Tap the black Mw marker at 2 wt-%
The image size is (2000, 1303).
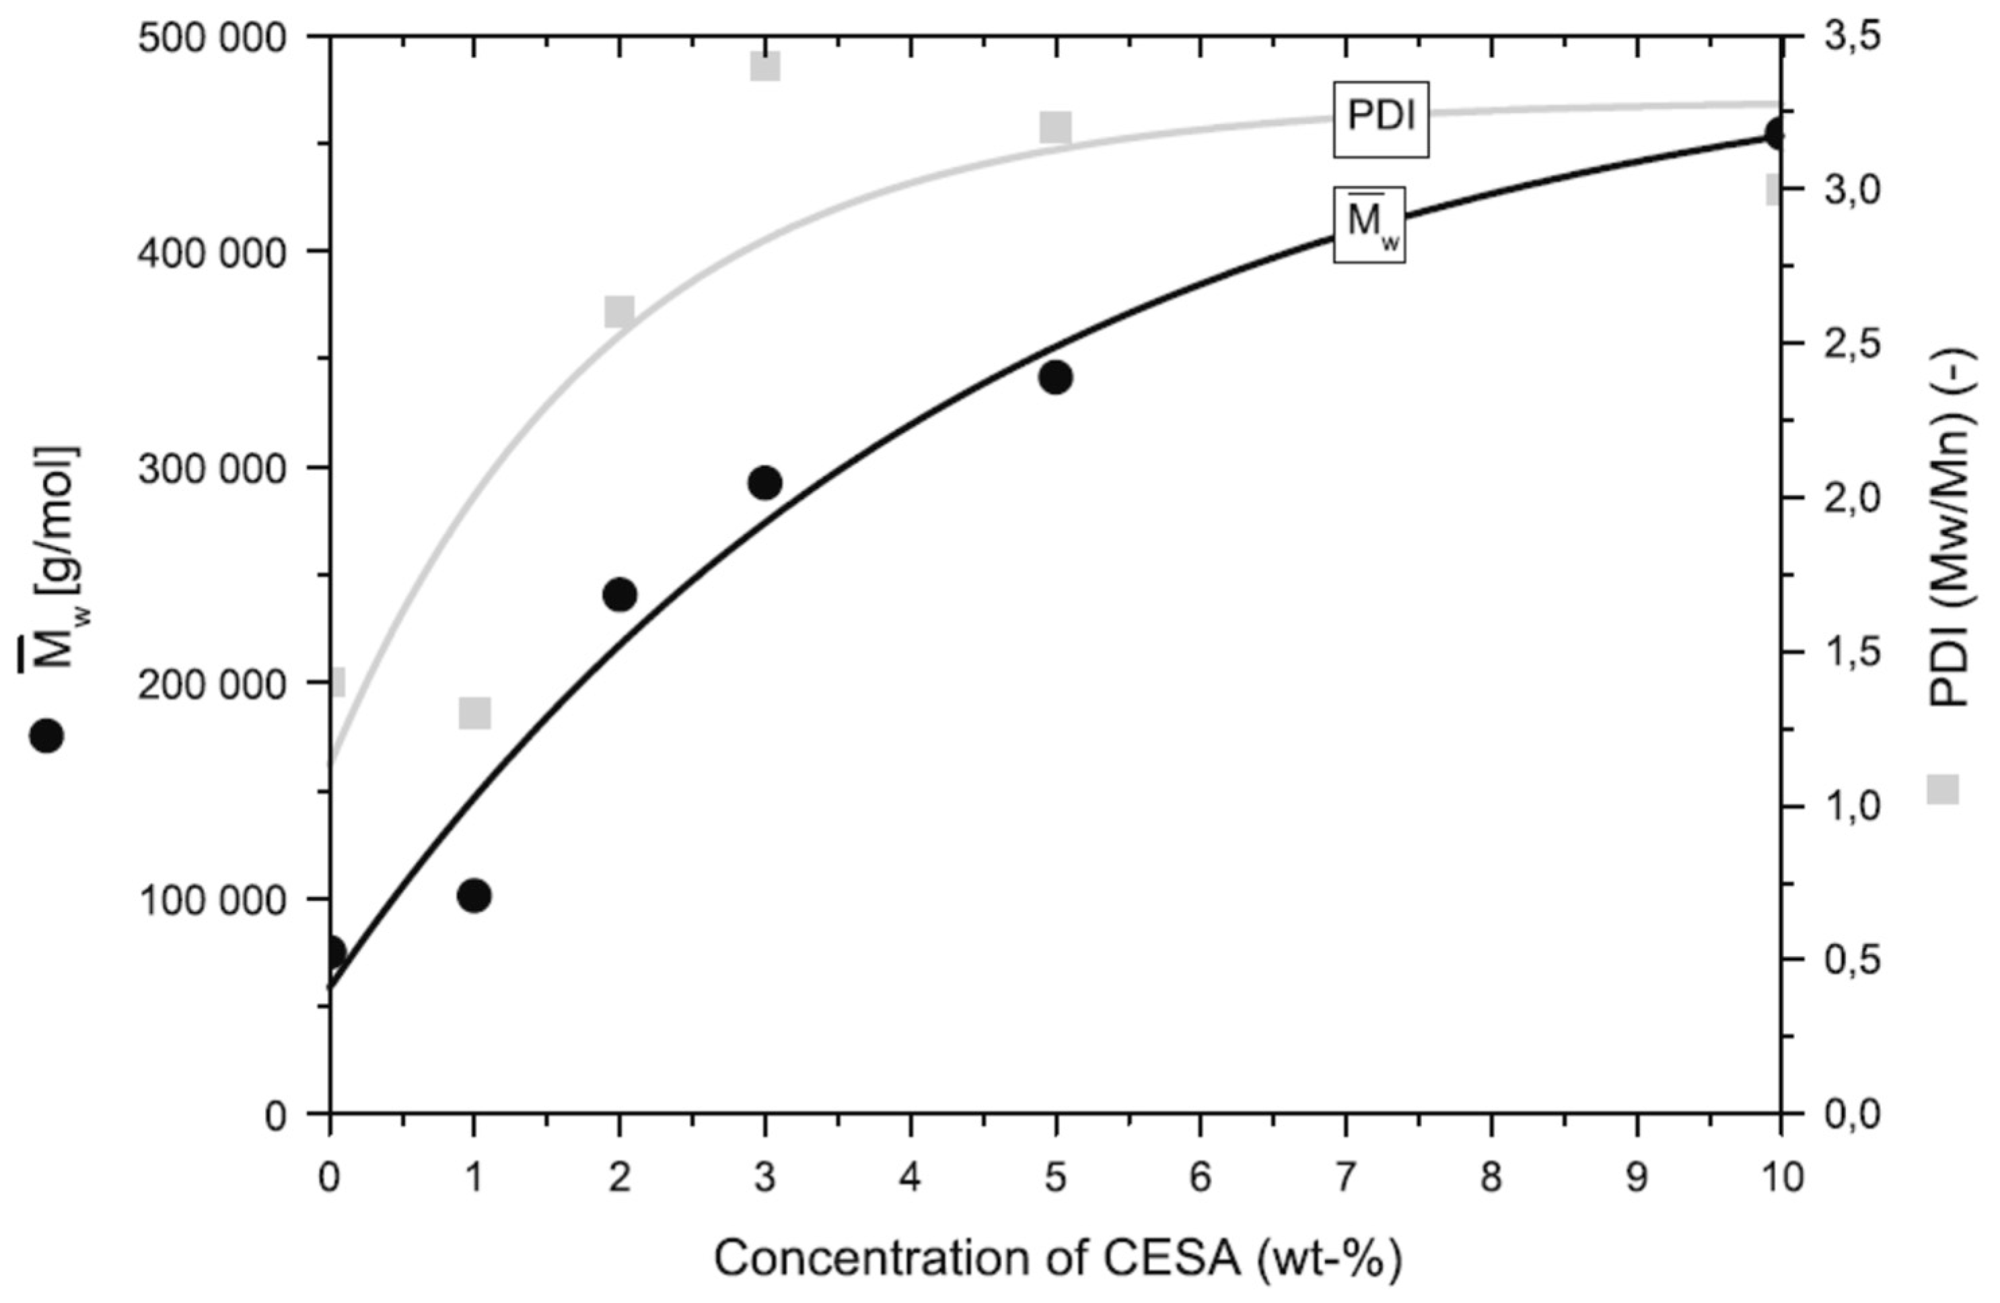(x=619, y=595)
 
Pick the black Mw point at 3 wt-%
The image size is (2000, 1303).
(x=764, y=483)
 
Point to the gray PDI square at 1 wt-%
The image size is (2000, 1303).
(x=475, y=714)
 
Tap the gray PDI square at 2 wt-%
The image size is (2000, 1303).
(x=619, y=312)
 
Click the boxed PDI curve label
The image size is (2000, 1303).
(x=1381, y=118)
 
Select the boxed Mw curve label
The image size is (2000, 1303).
(x=1369, y=224)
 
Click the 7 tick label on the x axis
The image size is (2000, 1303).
(x=1346, y=1178)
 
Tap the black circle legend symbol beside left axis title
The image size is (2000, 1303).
(x=46, y=735)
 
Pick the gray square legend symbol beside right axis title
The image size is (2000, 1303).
(x=1942, y=789)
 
